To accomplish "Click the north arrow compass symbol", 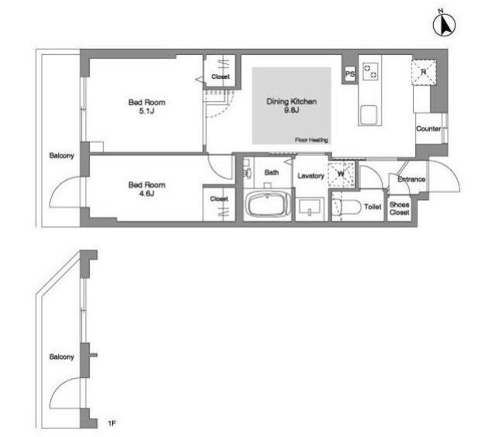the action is tap(444, 25).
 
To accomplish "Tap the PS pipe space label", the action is tap(350, 74).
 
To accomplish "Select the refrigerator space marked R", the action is tap(424, 72).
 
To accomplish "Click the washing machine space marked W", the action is tap(341, 174).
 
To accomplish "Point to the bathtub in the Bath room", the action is tap(268, 204).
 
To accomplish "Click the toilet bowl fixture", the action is tap(346, 207).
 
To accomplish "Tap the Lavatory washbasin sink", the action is tap(309, 207).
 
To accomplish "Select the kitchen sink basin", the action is tap(368, 115).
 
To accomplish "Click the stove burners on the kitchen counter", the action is tap(370, 72).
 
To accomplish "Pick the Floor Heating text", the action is tap(311, 140).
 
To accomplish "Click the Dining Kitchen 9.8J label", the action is tap(292, 106).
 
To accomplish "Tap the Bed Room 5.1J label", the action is tap(147, 107).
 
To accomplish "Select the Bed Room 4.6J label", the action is tap(147, 189).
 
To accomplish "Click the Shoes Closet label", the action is tap(399, 208).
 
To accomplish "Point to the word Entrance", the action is tap(411, 179).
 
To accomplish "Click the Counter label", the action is tap(428, 128).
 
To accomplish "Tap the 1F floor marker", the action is tap(111, 423).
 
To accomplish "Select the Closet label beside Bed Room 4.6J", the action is tap(219, 199).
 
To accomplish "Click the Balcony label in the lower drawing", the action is tap(62, 357).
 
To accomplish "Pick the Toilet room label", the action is tap(373, 207).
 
